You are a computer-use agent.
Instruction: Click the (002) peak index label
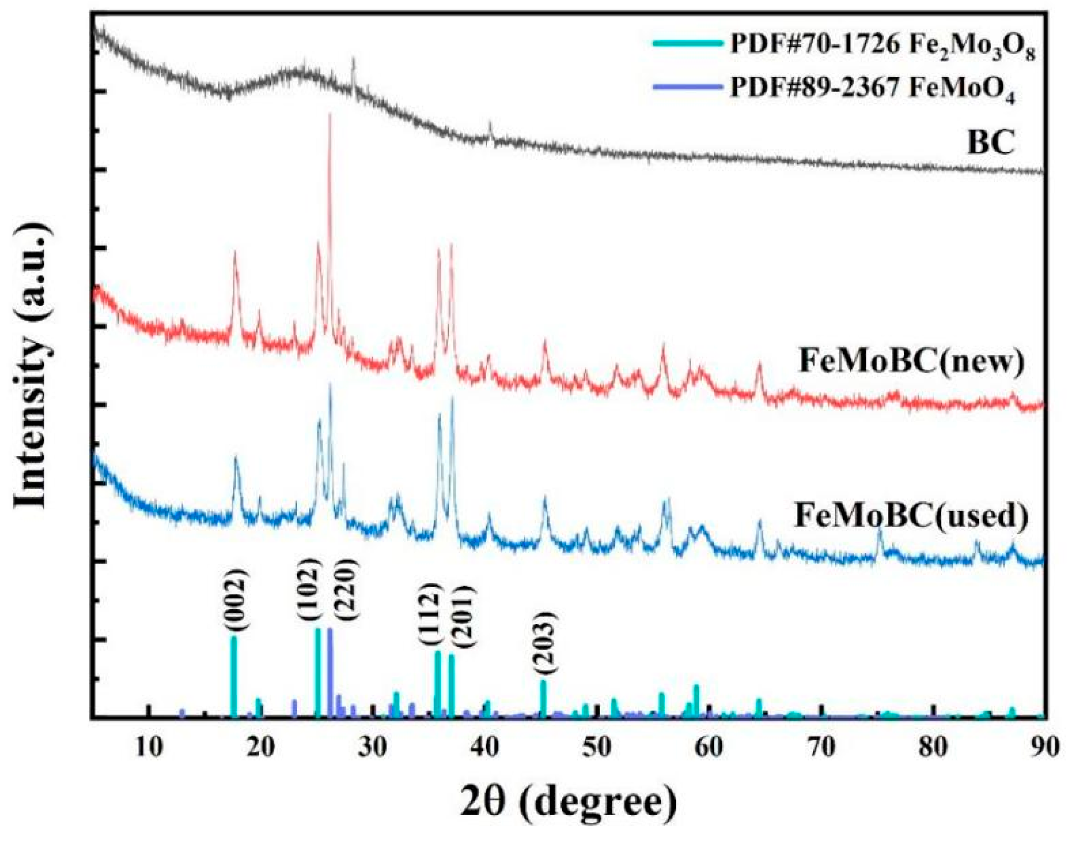click(x=235, y=601)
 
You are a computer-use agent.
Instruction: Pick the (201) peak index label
click(x=463, y=617)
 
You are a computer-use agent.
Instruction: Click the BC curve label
click(x=990, y=143)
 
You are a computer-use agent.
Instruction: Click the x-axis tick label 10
click(x=149, y=747)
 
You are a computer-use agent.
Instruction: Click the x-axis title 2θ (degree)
click(x=569, y=802)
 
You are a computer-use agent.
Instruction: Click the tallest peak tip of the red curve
click(x=330, y=115)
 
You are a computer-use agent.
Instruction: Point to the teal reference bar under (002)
click(x=234, y=677)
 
